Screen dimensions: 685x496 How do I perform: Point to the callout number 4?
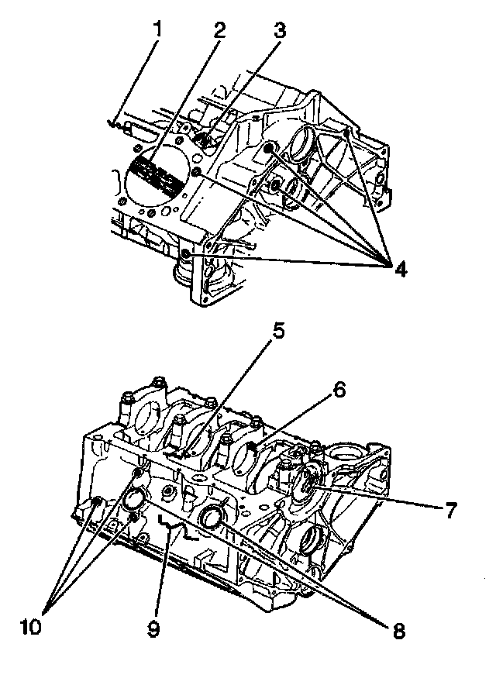[399, 269]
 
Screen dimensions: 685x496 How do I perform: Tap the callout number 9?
[153, 629]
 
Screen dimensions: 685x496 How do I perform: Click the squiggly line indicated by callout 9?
[172, 528]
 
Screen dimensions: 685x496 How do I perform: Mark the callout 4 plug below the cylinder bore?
[186, 254]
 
